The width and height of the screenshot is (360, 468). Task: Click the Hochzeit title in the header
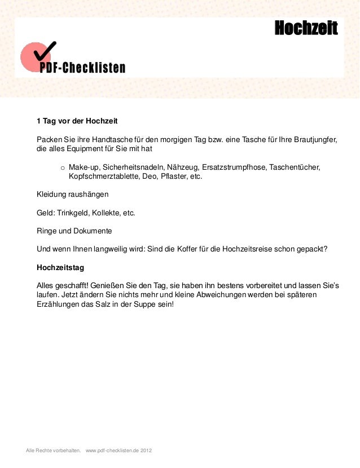tap(306, 28)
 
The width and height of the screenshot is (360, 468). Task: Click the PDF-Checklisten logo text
tap(82, 68)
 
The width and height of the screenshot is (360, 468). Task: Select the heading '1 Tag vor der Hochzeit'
tap(77, 121)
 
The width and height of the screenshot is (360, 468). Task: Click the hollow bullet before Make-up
tap(63, 167)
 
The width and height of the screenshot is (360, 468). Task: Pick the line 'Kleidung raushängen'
tap(72, 195)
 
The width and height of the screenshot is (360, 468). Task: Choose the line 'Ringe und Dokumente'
tap(74, 231)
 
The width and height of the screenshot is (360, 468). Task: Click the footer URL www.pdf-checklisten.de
tap(112, 451)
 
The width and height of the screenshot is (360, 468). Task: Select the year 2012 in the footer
tap(146, 451)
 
